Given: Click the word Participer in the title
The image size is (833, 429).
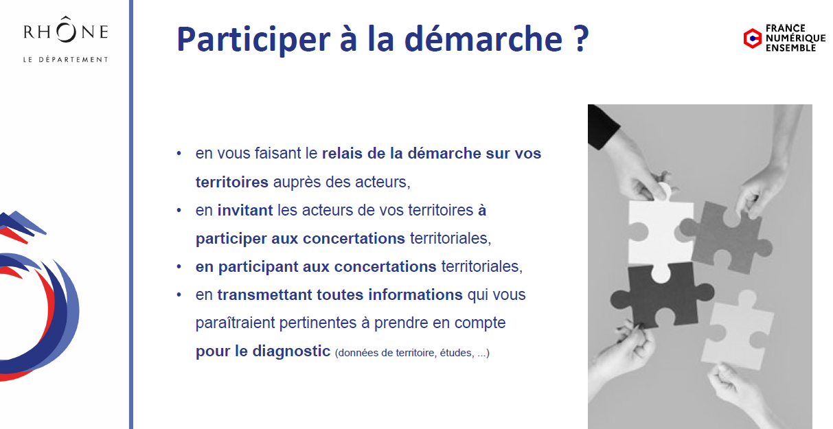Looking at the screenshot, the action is tap(253, 39).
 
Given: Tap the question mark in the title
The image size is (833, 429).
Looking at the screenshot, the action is tap(580, 38).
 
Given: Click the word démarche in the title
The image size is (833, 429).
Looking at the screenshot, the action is tap(483, 38).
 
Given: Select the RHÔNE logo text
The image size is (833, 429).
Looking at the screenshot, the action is tap(66, 30).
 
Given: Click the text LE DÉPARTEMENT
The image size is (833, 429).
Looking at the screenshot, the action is tap(66, 60).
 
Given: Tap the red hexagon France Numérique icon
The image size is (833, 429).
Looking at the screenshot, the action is tap(752, 38).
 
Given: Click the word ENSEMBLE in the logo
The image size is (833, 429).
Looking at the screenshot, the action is tap(790, 48).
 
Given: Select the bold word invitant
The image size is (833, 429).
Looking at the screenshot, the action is tap(245, 211).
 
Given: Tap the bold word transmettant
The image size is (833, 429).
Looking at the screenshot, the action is tap(264, 294).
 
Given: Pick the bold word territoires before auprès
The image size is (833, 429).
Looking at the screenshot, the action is tap(232, 182).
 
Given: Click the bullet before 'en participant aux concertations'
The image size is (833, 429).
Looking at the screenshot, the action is tap(179, 266).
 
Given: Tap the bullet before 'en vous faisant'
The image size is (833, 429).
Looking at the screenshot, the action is tap(179, 153).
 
